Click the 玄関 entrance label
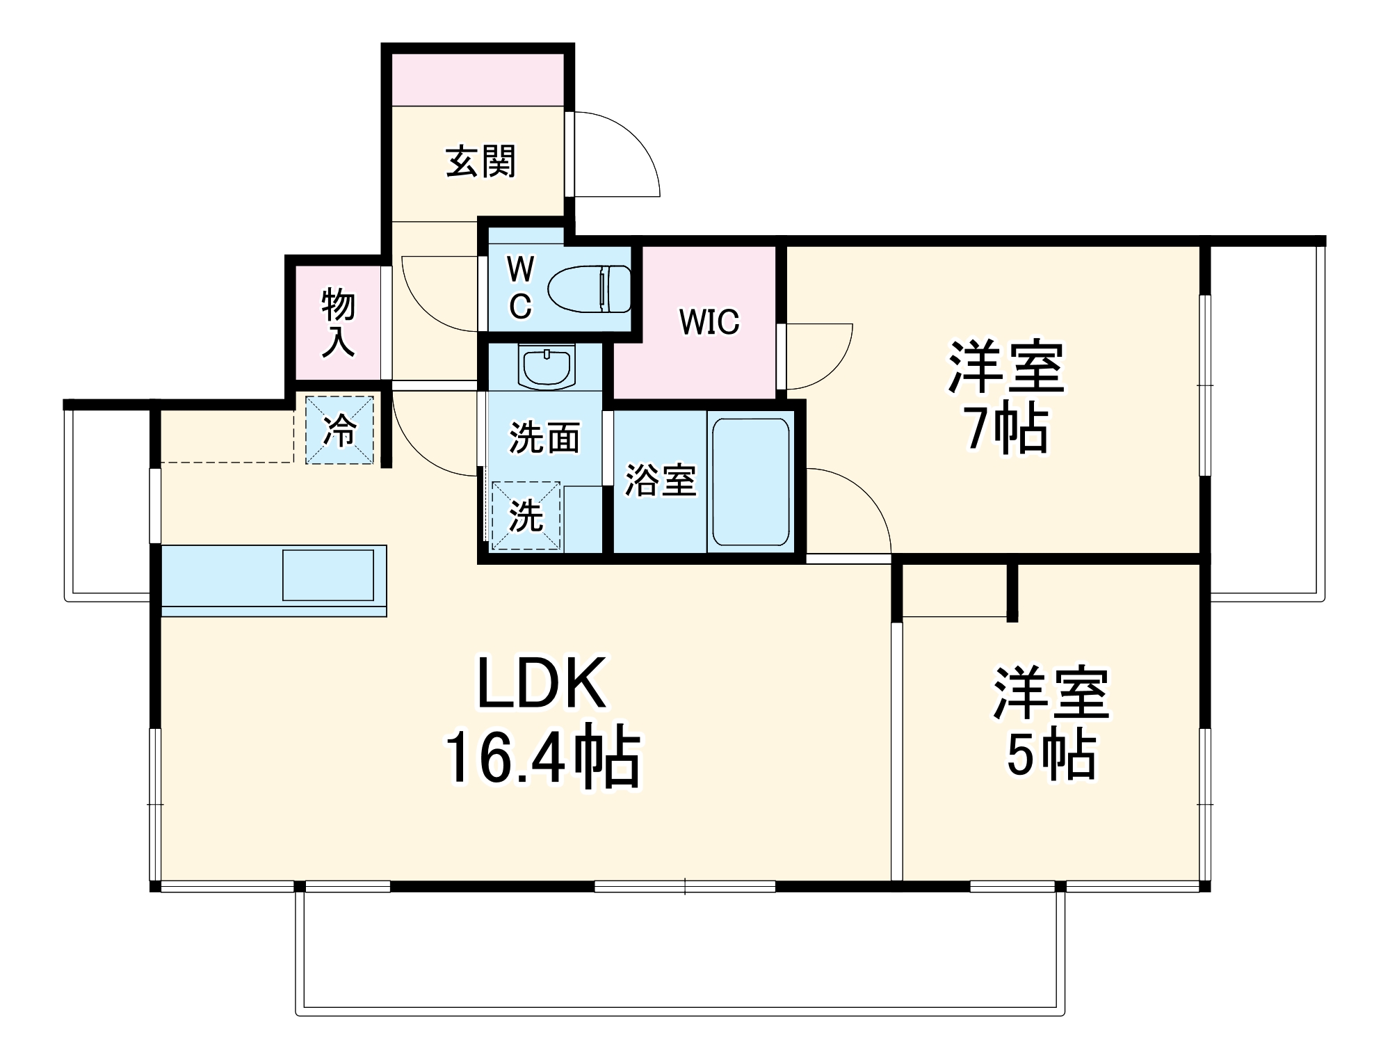click(x=480, y=161)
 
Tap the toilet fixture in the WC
click(x=589, y=289)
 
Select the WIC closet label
click(x=709, y=321)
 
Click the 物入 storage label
click(x=338, y=323)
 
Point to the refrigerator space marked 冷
click(x=340, y=430)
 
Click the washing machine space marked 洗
click(x=526, y=515)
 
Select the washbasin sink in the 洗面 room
click(x=547, y=367)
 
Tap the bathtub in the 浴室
click(x=750, y=482)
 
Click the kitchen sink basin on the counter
click(x=328, y=575)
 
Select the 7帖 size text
click(x=1006, y=428)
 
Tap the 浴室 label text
click(x=660, y=480)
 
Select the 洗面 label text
click(x=544, y=438)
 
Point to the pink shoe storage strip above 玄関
click(x=477, y=80)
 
